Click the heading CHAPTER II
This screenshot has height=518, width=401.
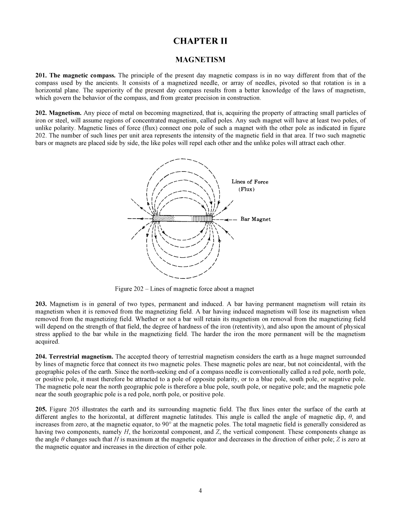[x=200, y=41]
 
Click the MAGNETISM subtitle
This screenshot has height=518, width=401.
[x=200, y=60]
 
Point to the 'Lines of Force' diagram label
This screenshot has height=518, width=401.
[x=250, y=182]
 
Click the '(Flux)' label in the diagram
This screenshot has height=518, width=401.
[x=246, y=189]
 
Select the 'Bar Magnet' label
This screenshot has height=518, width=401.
[x=255, y=219]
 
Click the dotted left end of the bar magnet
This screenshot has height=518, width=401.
[x=164, y=219]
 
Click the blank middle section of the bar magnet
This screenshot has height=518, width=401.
[x=183, y=219]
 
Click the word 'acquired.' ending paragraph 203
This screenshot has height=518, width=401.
[x=47, y=342]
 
